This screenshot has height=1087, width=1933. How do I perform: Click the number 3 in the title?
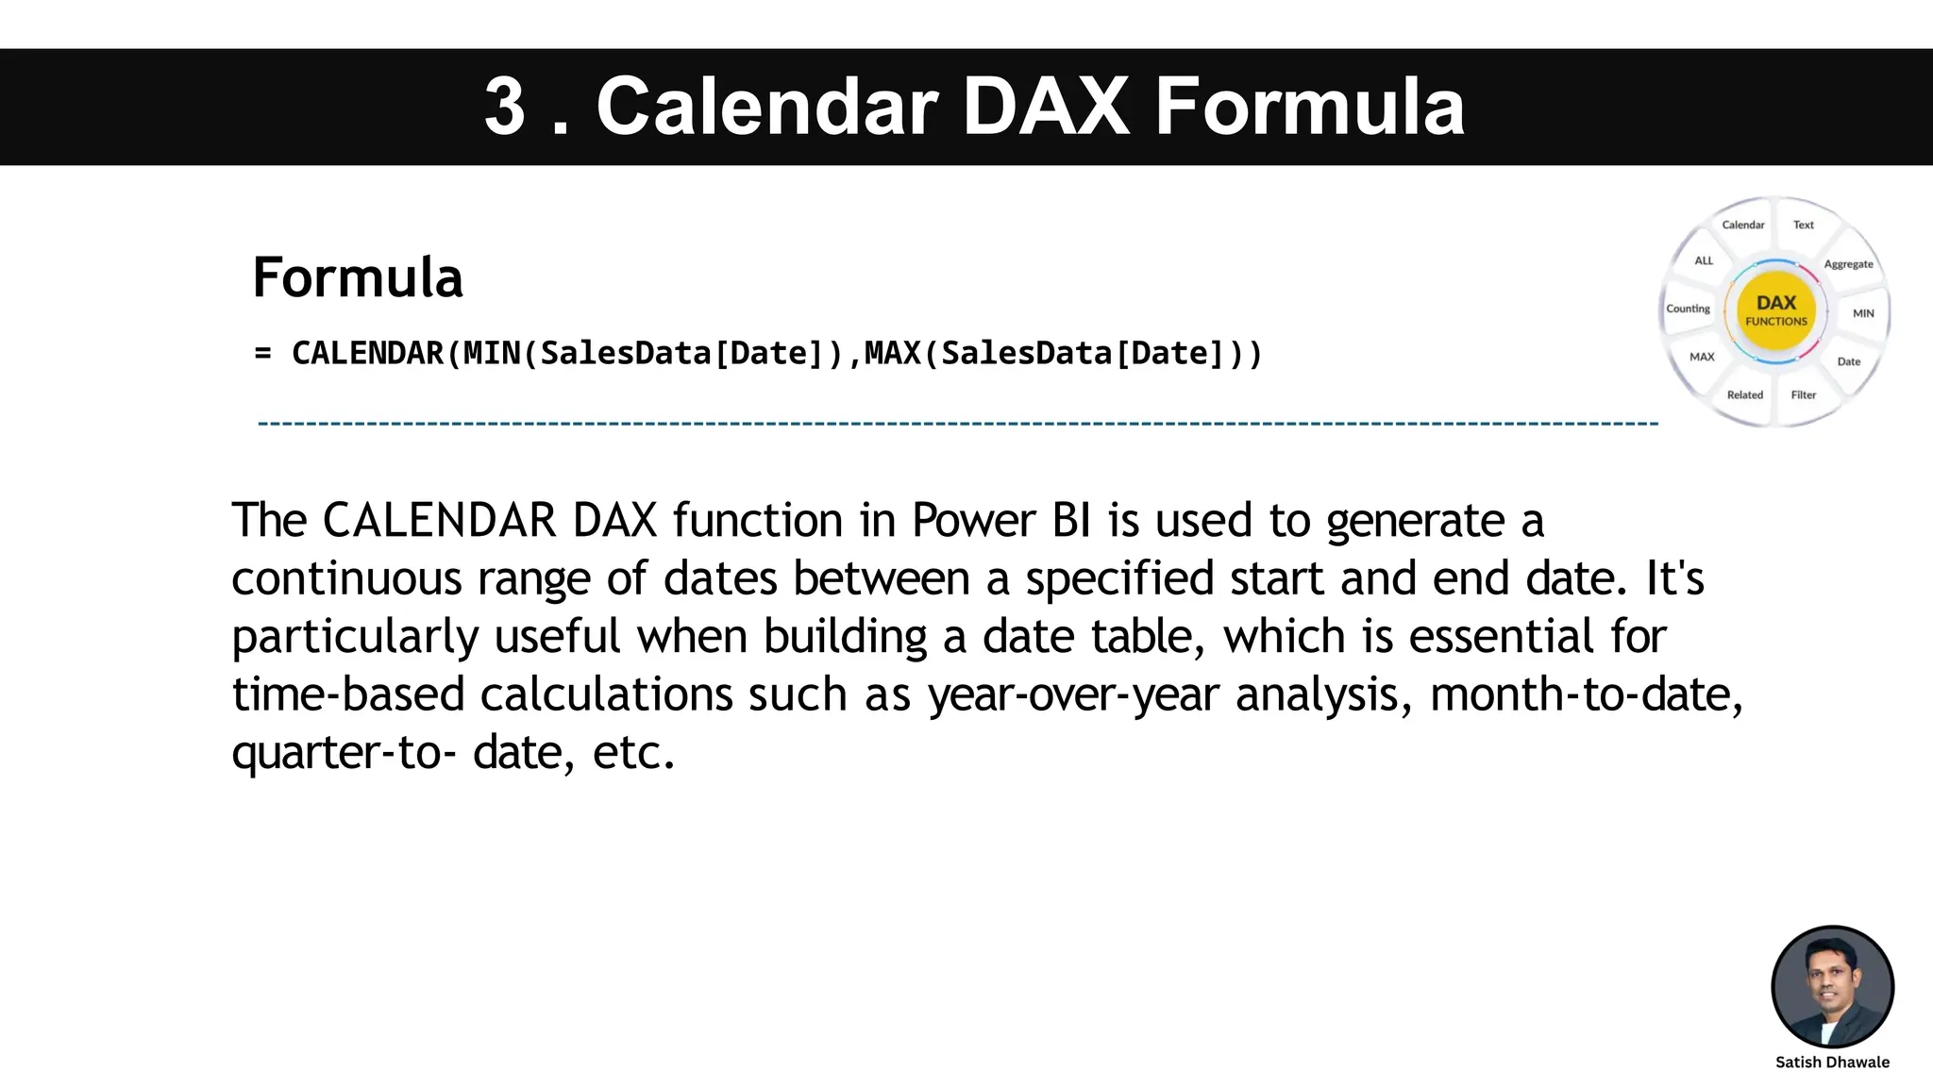coord(504,107)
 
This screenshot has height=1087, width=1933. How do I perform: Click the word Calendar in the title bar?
coord(766,107)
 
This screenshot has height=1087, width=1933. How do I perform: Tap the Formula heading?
coord(358,277)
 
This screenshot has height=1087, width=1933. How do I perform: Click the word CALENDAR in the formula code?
coord(367,354)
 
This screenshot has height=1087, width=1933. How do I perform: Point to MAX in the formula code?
coord(892,354)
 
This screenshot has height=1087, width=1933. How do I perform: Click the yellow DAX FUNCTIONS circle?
coord(1775,310)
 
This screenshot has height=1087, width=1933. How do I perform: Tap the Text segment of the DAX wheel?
coord(1803,225)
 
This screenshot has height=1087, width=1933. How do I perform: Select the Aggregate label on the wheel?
coord(1848,264)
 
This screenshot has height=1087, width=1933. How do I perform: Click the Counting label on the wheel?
coord(1688,309)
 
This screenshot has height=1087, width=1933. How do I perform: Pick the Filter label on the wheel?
coord(1803,394)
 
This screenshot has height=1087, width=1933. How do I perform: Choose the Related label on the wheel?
coord(1744,394)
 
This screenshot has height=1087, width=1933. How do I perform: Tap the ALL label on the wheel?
coord(1704,260)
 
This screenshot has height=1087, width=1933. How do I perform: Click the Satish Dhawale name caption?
coord(1832,1062)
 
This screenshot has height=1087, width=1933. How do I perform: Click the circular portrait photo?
coord(1832,986)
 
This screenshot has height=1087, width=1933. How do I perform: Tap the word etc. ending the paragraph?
coord(633,753)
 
